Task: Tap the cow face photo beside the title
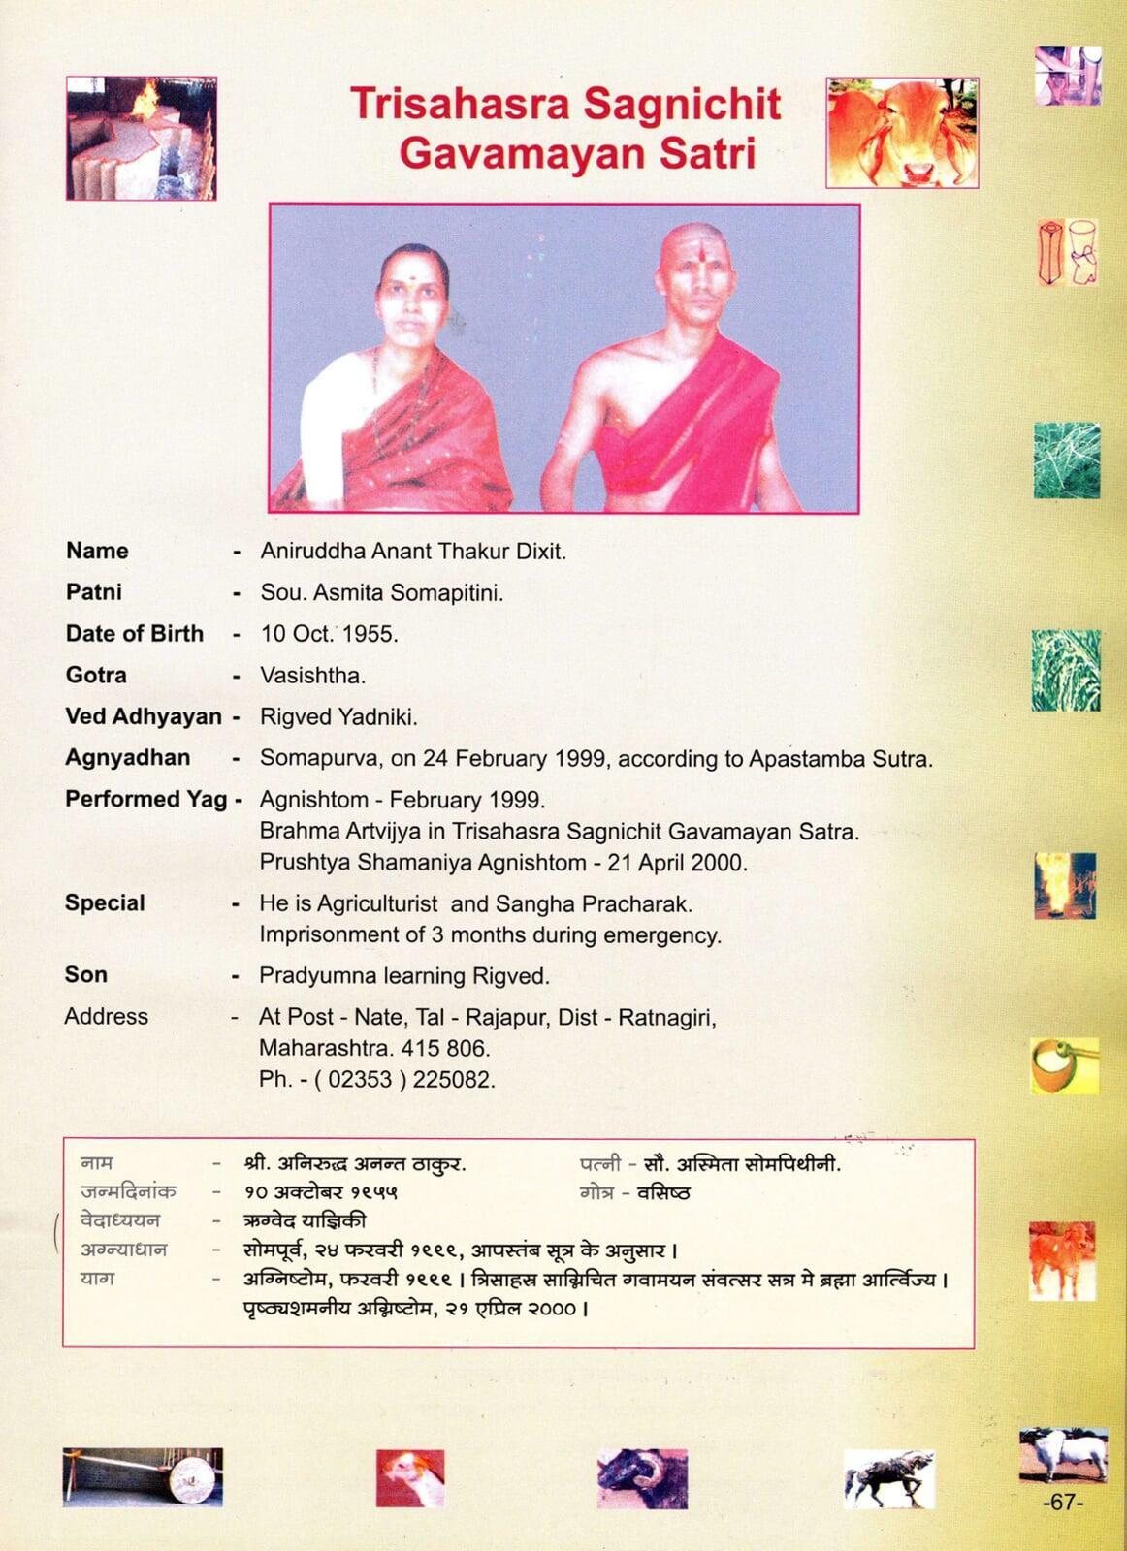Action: (x=902, y=133)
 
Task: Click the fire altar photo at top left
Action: (x=142, y=139)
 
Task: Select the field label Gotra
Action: (x=96, y=675)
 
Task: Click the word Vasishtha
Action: (x=312, y=676)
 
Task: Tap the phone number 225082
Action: (x=453, y=1079)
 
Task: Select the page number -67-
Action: (x=1062, y=1503)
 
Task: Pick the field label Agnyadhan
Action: (x=128, y=757)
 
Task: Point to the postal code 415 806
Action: (x=459, y=1048)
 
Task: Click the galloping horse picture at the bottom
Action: (x=888, y=1479)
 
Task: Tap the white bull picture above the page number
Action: (x=1063, y=1455)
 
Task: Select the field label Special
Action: (x=105, y=902)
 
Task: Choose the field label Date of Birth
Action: (x=135, y=633)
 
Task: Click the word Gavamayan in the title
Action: (x=512, y=154)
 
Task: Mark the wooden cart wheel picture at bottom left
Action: (x=143, y=1477)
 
